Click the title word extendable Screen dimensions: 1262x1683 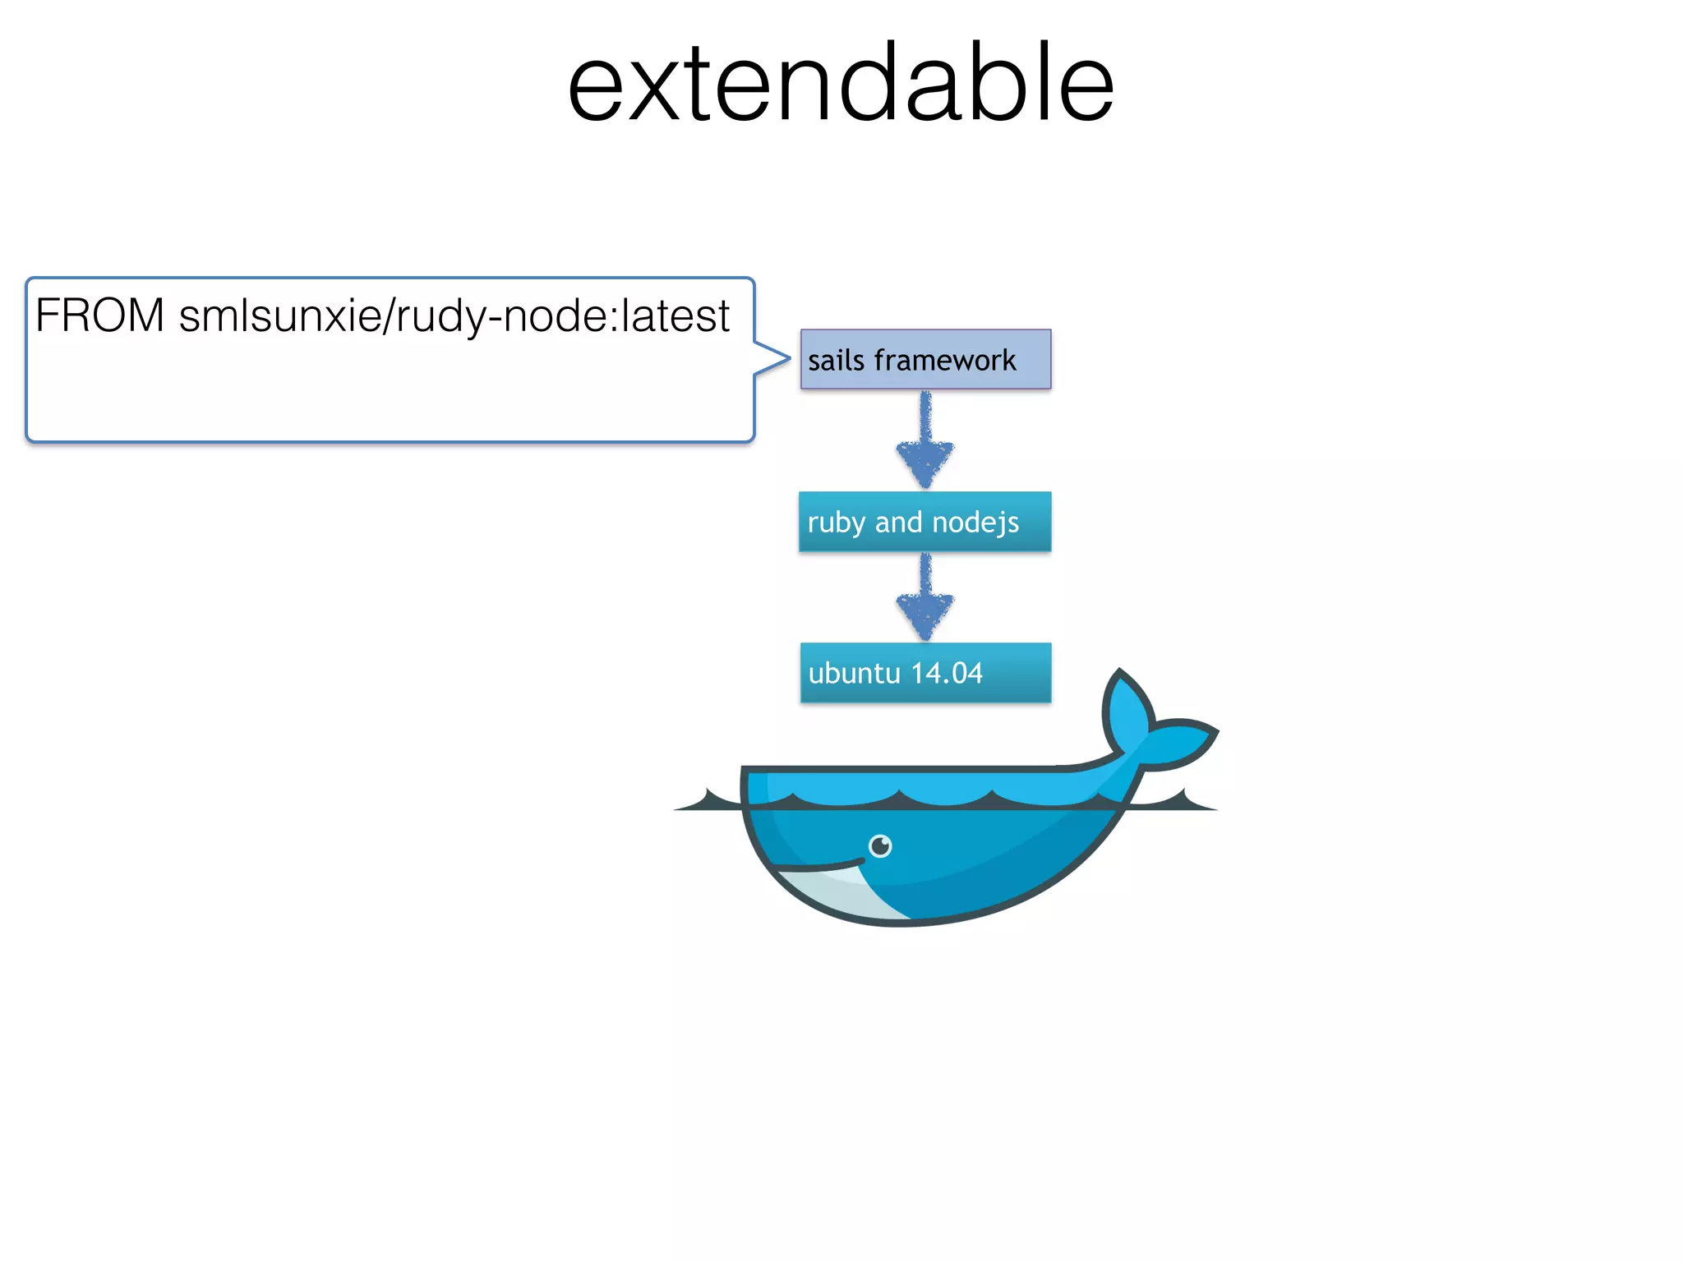pos(840,83)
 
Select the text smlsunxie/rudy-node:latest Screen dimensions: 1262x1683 pos(454,316)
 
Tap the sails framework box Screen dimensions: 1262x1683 pos(925,359)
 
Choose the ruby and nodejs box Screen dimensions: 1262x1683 pos(924,522)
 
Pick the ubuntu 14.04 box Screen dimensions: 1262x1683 pos(925,673)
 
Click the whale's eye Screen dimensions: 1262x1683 pos(880,845)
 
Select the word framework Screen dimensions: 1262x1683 pos(945,360)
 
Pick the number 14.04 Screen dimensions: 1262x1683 pos(947,674)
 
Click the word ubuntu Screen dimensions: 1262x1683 pos(855,674)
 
